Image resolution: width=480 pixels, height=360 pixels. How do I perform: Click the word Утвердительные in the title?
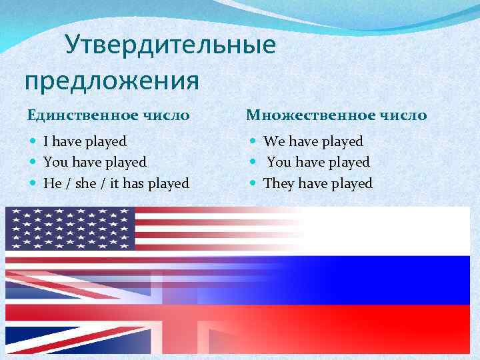click(170, 46)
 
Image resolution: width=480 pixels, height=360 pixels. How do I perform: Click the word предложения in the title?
click(112, 81)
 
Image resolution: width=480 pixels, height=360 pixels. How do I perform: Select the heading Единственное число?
click(108, 115)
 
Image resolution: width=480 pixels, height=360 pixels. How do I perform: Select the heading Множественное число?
click(337, 115)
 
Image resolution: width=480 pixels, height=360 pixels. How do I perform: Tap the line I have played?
click(85, 141)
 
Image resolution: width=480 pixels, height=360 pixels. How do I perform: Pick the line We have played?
click(313, 141)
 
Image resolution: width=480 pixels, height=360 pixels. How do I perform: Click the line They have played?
click(318, 183)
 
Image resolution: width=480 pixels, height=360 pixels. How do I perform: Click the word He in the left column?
click(51, 183)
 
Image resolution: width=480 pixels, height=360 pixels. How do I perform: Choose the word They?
click(278, 183)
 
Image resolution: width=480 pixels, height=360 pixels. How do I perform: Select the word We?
click(273, 141)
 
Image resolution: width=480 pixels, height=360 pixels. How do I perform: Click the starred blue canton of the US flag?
click(70, 228)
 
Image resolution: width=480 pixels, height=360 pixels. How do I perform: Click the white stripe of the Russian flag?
click(387, 230)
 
